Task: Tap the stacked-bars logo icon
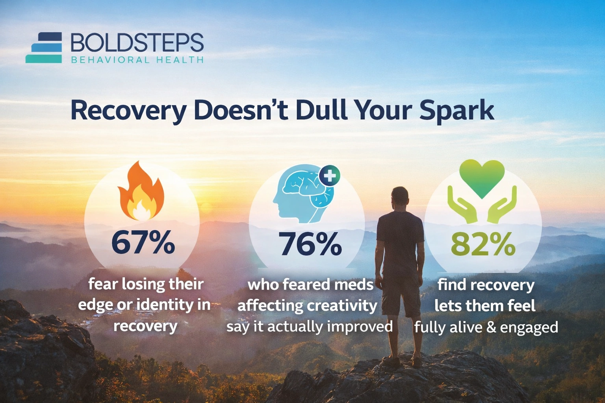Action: point(44,48)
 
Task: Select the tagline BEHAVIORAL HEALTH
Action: point(137,60)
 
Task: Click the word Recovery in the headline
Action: point(128,111)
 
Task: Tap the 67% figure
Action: point(143,243)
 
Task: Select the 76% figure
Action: point(310,244)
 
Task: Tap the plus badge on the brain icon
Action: point(329,176)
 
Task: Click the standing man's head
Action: point(400,196)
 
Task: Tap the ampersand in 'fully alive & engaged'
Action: point(491,327)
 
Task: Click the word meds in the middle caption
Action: point(358,284)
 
